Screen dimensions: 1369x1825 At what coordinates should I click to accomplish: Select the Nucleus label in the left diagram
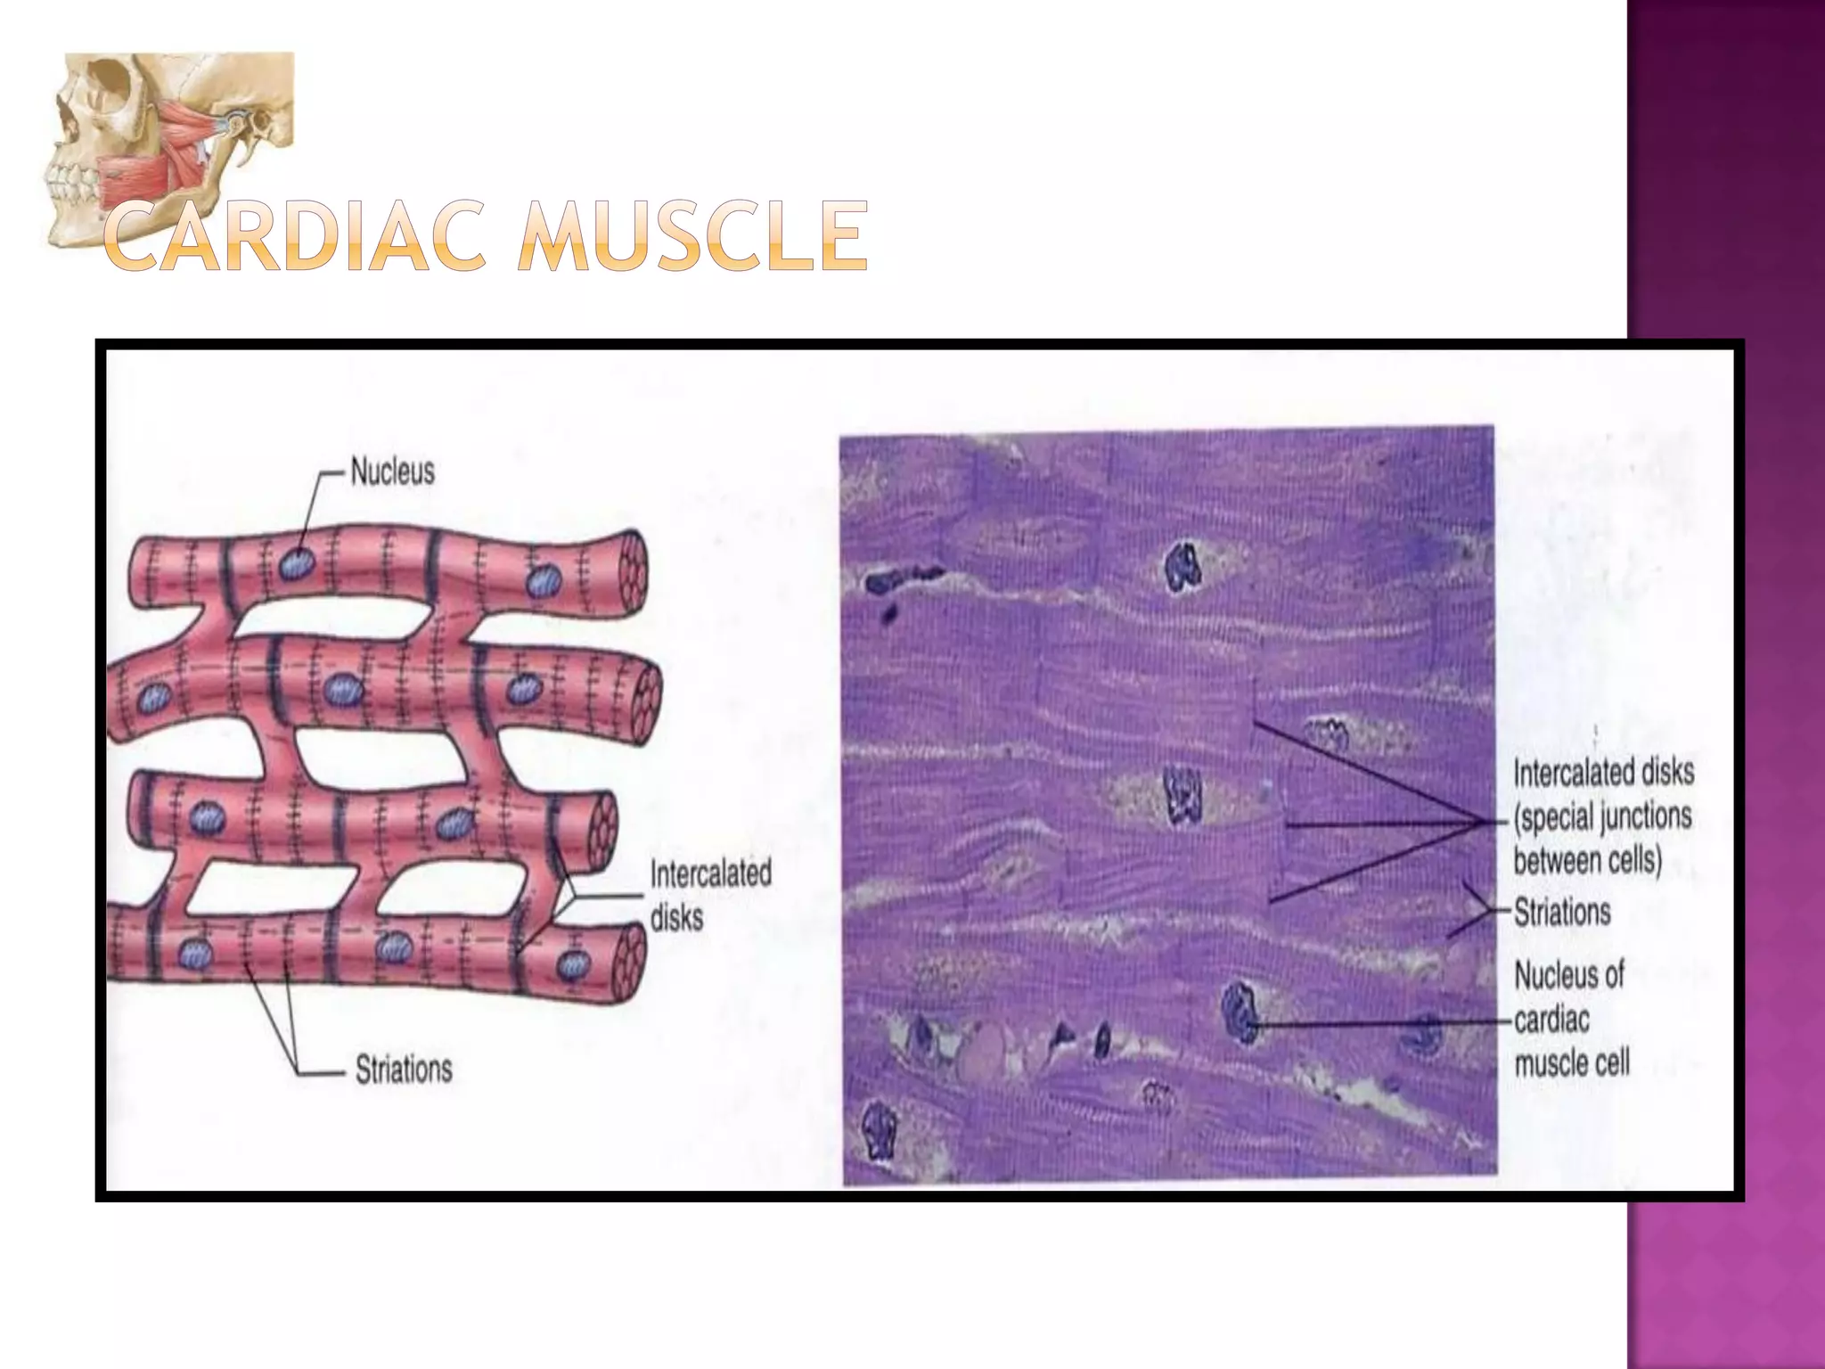click(392, 471)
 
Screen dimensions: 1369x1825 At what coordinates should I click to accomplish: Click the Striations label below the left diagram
click(403, 1069)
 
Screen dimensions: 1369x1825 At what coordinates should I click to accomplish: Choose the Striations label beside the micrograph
click(1562, 912)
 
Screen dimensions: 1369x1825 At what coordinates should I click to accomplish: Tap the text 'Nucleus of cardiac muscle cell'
click(1571, 1019)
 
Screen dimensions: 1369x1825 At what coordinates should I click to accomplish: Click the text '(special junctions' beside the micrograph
click(1602, 816)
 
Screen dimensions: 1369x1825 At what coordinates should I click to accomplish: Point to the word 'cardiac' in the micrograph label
click(1551, 1019)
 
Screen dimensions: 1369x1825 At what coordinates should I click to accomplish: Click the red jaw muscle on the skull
click(134, 178)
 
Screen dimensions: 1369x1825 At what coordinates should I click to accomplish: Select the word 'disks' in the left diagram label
click(676, 917)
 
